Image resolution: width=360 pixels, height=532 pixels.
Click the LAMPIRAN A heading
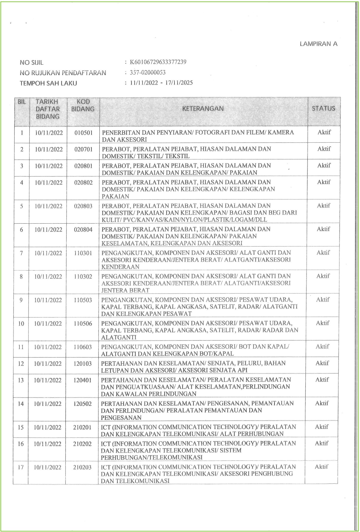click(x=318, y=44)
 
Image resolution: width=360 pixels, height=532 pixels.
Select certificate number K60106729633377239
click(x=158, y=62)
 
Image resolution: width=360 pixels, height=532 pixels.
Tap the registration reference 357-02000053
click(x=147, y=72)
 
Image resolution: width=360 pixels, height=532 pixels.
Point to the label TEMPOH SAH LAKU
click(x=48, y=83)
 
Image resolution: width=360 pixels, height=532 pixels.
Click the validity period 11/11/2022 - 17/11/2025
click(x=161, y=83)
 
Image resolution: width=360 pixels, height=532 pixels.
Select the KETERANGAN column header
click(x=203, y=109)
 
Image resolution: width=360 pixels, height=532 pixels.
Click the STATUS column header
click(x=323, y=109)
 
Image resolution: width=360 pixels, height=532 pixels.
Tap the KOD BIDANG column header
click(x=83, y=105)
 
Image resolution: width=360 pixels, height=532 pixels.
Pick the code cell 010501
click(x=83, y=133)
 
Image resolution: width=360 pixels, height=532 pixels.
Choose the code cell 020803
click(x=83, y=206)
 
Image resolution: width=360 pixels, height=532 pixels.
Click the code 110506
click(x=83, y=324)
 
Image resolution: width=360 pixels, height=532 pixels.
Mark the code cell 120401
click(x=83, y=380)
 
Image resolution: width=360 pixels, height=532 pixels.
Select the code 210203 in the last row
click(x=82, y=467)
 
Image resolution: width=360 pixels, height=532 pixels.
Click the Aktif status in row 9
click(x=323, y=299)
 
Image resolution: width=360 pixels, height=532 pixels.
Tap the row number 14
click(x=21, y=404)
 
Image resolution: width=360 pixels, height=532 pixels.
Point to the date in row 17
click(x=48, y=467)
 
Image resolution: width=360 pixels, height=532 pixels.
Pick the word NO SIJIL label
click(x=31, y=63)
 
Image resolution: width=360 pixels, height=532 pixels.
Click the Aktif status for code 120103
click(x=322, y=363)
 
